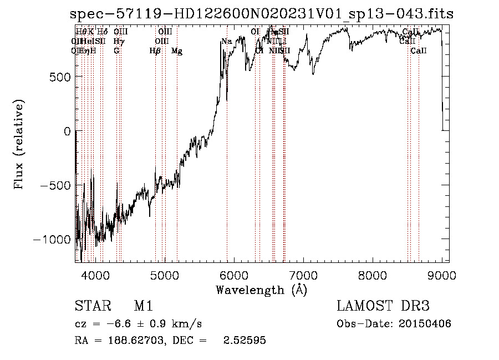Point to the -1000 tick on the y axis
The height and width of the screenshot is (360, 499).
[52, 240]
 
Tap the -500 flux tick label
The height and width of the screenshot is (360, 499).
[55, 185]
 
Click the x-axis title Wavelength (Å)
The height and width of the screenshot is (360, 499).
[261, 290]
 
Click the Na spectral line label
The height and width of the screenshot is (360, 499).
[226, 41]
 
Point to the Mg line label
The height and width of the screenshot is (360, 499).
[177, 51]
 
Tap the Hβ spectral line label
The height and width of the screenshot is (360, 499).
[155, 51]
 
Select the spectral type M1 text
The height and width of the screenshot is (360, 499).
[143, 306]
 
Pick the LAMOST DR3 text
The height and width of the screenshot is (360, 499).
[383, 306]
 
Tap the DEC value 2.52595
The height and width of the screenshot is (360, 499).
[244, 341]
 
